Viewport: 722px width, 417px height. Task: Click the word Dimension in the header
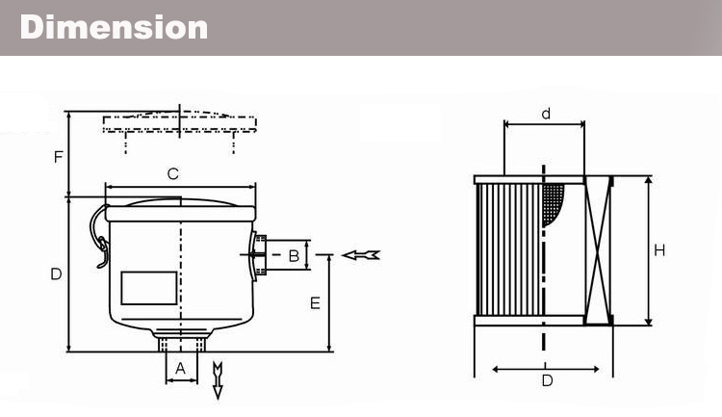point(114,27)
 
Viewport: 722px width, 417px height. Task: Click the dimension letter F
point(59,156)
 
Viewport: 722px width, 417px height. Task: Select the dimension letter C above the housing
point(173,174)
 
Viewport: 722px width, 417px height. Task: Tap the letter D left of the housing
point(56,274)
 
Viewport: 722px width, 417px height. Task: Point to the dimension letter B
point(294,256)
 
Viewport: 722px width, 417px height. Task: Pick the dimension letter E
point(315,303)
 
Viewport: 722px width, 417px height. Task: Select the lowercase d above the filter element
point(545,114)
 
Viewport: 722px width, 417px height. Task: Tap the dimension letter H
point(659,251)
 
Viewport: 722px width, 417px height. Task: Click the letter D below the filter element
point(547,380)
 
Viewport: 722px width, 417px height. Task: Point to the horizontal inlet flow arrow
point(361,254)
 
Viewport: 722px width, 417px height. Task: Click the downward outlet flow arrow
point(218,378)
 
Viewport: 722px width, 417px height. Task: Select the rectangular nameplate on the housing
point(148,287)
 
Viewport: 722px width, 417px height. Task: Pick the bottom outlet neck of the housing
point(181,342)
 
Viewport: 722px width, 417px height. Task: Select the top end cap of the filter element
point(543,179)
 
